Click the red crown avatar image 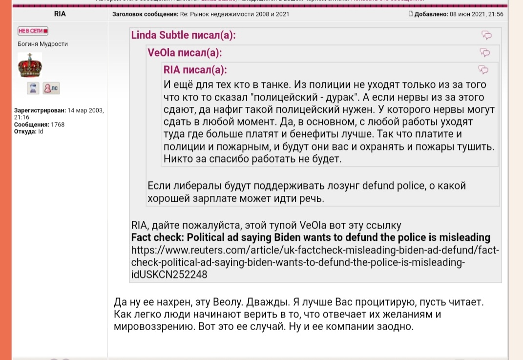(30, 65)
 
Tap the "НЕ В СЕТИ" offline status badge (33, 31)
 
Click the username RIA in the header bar (60, 14)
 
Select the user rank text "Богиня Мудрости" (43, 44)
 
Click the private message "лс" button (51, 88)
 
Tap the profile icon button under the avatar (33, 88)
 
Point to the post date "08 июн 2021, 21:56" (476, 14)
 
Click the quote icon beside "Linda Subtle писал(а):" (486, 35)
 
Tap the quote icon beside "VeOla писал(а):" (485, 52)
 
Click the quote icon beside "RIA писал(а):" (483, 69)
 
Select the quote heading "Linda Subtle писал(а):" (183, 35)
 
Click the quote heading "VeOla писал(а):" (185, 52)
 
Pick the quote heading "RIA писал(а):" (195, 69)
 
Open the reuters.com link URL (315, 262)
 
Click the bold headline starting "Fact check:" (311, 238)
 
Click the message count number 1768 (58, 125)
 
